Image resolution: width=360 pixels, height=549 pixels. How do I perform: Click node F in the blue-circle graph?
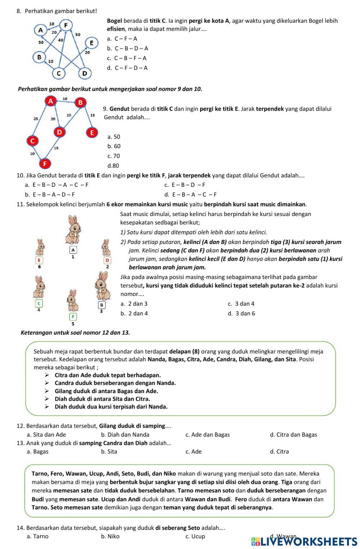point(66,25)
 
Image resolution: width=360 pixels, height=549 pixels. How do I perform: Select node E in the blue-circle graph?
point(91,43)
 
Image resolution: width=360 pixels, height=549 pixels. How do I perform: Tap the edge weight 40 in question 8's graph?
point(60,40)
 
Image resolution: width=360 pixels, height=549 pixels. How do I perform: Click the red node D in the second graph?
point(59,132)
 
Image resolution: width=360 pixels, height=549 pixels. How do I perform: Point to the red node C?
point(32,140)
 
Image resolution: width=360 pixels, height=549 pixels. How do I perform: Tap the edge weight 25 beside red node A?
point(36,118)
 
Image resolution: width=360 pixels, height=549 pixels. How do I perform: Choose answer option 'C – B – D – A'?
point(131,48)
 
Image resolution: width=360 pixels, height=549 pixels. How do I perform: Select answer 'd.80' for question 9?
point(113,166)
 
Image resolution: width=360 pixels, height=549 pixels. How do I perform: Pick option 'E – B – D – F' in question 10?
point(188,185)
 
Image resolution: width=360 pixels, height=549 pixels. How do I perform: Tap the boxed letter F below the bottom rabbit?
point(73,316)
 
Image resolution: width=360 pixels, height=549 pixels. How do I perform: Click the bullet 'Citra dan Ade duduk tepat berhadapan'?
point(108,375)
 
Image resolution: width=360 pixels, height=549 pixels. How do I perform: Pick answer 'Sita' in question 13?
point(112,451)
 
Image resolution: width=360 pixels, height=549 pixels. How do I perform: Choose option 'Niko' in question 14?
point(113,536)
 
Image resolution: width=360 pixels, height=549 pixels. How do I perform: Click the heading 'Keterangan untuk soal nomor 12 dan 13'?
point(75,333)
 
